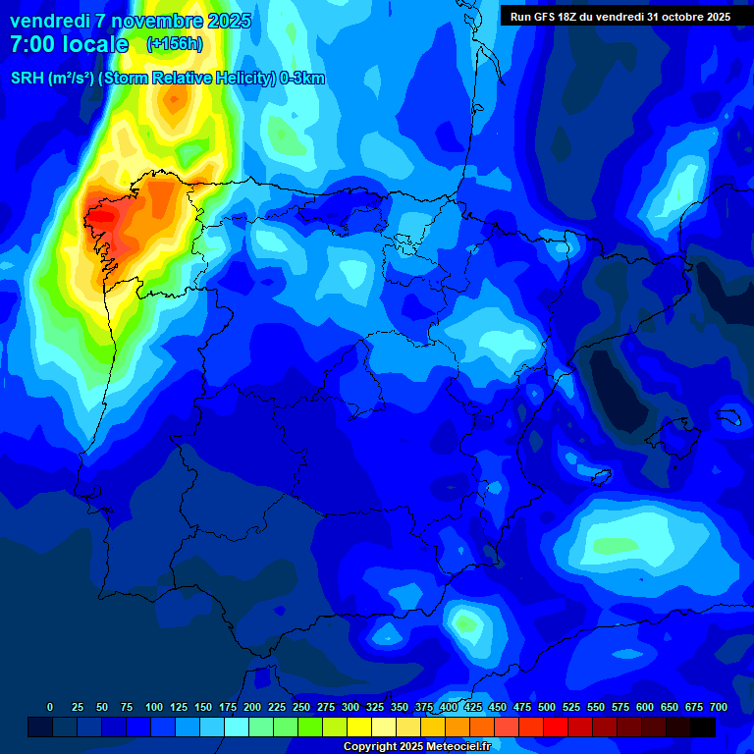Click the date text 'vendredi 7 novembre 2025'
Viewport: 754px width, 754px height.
click(130, 21)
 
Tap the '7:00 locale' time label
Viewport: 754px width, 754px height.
click(69, 44)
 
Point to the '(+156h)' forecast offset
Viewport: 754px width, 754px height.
click(176, 44)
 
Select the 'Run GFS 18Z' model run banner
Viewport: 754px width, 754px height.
click(619, 17)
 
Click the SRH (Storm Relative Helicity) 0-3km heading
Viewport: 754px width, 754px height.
click(168, 79)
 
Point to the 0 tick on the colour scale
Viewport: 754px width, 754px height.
click(50, 707)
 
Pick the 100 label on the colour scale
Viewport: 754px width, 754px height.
click(153, 707)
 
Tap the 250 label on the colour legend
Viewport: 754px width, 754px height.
click(300, 707)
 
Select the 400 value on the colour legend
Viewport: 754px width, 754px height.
click(448, 707)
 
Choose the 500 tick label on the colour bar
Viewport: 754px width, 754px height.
click(546, 707)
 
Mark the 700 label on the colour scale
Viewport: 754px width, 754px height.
click(719, 707)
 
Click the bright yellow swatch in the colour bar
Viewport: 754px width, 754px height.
click(359, 727)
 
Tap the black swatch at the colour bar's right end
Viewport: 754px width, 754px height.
click(703, 727)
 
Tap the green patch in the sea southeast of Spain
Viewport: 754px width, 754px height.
click(611, 543)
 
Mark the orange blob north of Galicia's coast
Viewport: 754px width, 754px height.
click(175, 98)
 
